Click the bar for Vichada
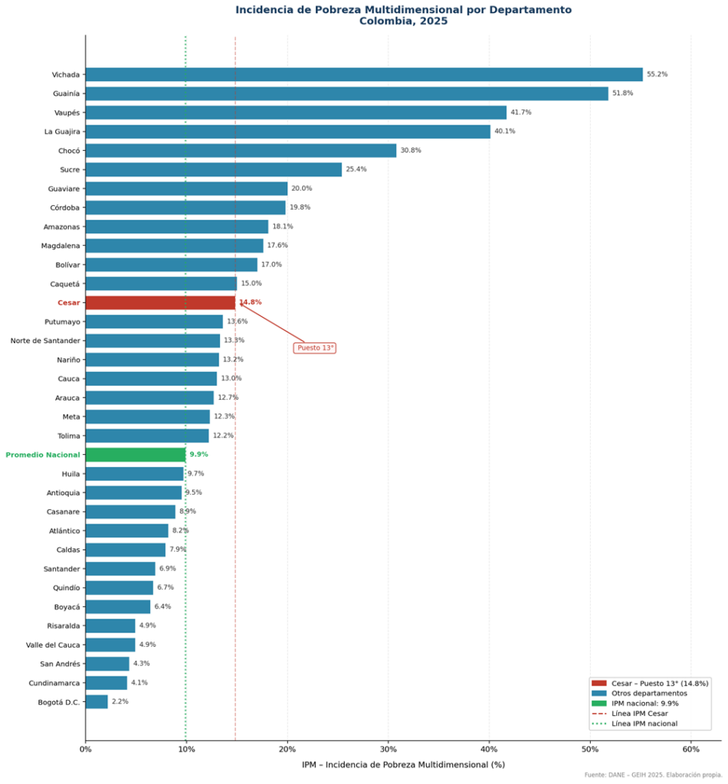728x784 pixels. pyautogui.click(x=364, y=74)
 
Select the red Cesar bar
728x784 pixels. pyautogui.click(x=160, y=302)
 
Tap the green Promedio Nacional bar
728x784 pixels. pyautogui.click(x=135, y=455)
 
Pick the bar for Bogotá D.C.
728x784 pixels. pyautogui.click(x=97, y=701)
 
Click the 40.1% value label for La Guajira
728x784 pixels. pyautogui.click(x=504, y=132)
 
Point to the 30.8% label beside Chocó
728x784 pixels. pyautogui.click(x=410, y=150)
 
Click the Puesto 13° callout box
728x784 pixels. pyautogui.click(x=315, y=348)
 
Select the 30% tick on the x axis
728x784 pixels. pyautogui.click(x=388, y=749)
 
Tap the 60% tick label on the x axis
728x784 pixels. pyautogui.click(x=691, y=749)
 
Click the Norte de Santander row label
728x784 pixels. pyautogui.click(x=45, y=341)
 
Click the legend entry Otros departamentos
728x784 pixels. pyautogui.click(x=649, y=693)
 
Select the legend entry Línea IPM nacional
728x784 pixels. pyautogui.click(x=644, y=724)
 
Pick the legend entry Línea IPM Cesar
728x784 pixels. pyautogui.click(x=639, y=714)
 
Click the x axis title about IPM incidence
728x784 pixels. pyautogui.click(x=403, y=764)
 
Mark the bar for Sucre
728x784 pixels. pyautogui.click(x=214, y=169)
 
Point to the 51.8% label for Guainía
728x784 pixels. pyautogui.click(x=622, y=93)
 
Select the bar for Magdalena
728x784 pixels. pyautogui.click(x=174, y=246)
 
